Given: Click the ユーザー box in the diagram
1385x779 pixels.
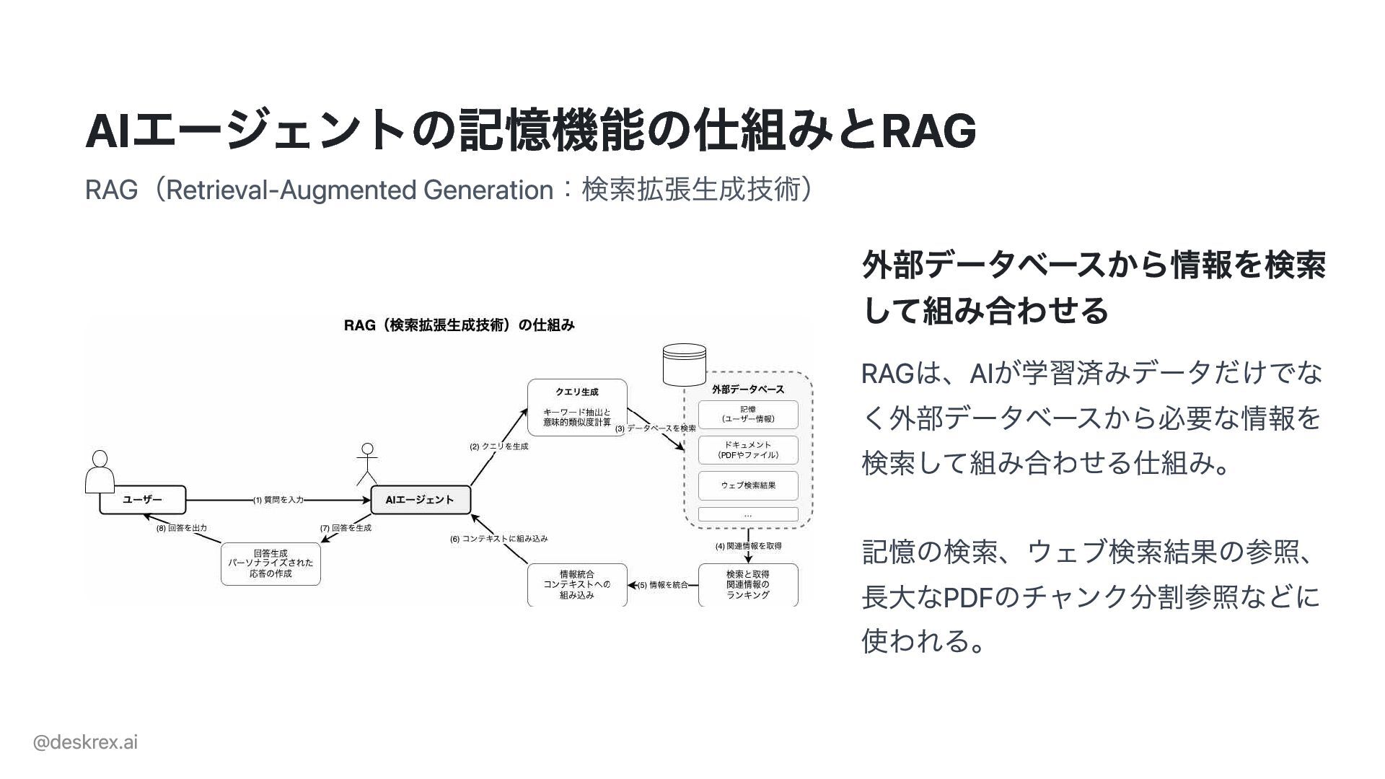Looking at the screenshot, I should (142, 499).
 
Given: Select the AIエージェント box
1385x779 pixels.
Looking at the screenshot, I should (420, 499).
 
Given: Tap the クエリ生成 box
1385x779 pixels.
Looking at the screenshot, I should (577, 408).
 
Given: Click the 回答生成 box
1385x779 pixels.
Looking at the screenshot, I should (271, 563).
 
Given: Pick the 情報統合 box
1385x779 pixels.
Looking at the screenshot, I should (577, 584).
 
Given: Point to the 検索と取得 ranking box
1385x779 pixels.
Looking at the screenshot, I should (748, 584).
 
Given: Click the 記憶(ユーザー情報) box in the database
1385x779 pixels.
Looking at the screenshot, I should (748, 414).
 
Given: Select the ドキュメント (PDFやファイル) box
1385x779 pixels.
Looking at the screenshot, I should (748, 450).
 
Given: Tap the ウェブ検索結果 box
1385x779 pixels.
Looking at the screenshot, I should (748, 485).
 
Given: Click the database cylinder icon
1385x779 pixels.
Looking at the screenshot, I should (684, 364).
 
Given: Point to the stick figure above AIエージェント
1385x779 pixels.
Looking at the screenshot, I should (367, 464).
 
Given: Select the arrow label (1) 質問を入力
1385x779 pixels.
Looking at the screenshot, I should (278, 500).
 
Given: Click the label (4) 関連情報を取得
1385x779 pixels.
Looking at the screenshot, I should (748, 546).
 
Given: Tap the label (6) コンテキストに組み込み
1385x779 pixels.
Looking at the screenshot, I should (499, 539).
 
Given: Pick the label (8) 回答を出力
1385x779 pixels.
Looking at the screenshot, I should (182, 528).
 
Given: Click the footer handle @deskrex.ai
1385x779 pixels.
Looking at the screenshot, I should (85, 742).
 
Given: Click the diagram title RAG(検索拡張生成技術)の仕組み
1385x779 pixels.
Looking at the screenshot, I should (460, 325).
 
